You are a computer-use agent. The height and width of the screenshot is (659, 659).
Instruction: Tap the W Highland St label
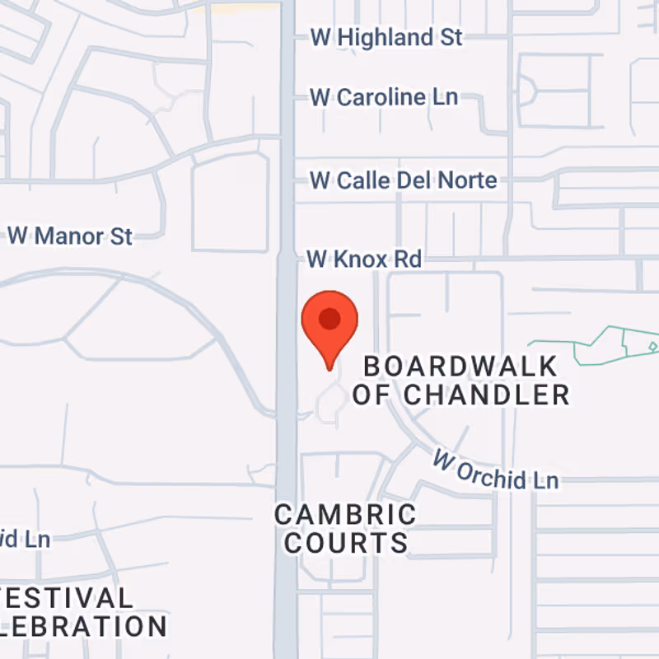tap(386, 37)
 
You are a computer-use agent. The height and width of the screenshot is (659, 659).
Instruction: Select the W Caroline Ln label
tap(383, 97)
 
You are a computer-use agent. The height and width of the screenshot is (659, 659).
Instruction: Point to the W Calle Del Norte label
tap(403, 180)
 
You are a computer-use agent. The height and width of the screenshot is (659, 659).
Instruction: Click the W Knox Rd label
tap(364, 259)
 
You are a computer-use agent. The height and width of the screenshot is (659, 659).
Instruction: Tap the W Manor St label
tap(70, 236)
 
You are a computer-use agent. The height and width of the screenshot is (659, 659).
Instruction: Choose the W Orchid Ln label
tap(496, 467)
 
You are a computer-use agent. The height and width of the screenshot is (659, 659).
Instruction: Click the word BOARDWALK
tap(460, 366)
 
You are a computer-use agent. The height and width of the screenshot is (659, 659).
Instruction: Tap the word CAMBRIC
tap(345, 516)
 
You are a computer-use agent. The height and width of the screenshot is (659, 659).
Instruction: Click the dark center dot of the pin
tap(329, 319)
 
